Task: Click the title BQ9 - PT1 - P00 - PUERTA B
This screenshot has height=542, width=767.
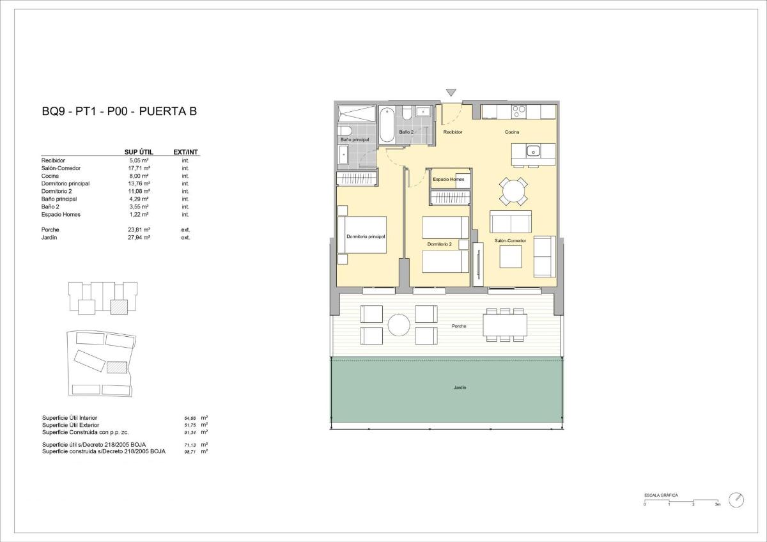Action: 119,112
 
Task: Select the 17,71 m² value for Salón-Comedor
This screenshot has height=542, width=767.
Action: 139,168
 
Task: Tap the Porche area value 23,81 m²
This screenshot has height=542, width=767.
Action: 139,229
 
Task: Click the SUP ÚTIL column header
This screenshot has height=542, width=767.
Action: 139,152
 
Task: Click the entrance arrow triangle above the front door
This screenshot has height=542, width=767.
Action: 451,93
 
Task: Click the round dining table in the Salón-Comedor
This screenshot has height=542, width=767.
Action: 514,190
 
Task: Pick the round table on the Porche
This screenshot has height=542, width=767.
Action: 400,325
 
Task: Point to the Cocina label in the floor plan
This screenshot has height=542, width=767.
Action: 512,132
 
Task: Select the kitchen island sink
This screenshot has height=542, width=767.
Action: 532,151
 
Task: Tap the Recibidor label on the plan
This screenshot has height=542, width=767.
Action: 453,132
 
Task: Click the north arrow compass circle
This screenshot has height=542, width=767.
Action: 736,499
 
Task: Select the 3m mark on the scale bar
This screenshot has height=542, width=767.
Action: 717,504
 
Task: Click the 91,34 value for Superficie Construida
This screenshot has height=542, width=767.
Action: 190,432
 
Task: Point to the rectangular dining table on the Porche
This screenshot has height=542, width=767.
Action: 505,325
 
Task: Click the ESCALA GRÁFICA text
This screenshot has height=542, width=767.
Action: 661,495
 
